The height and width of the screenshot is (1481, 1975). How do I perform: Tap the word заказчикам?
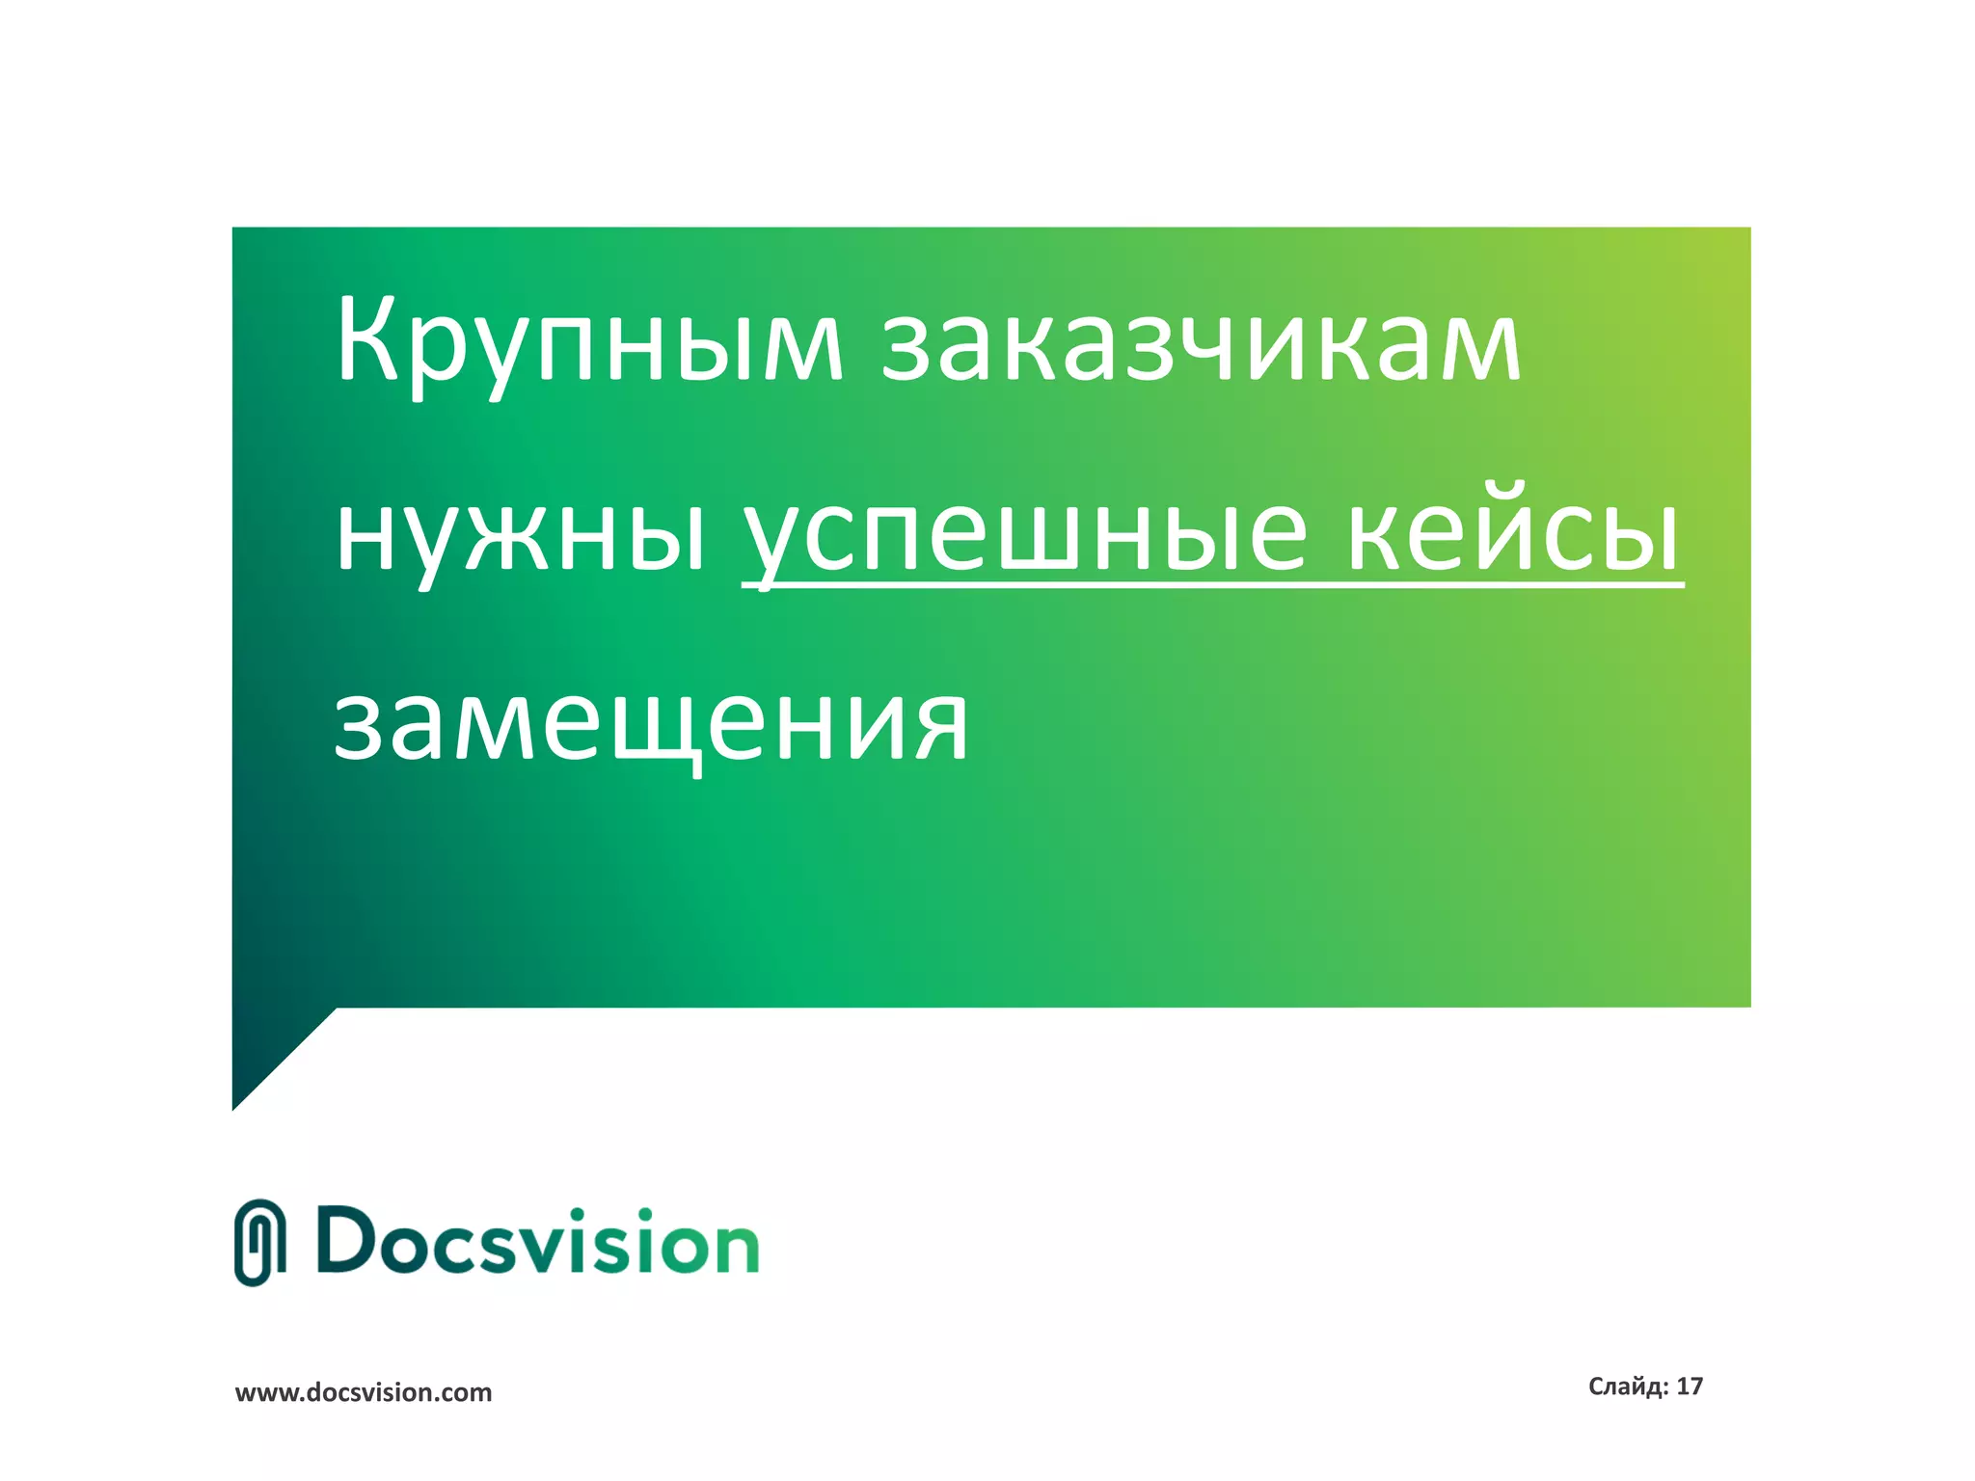pyautogui.click(x=1201, y=343)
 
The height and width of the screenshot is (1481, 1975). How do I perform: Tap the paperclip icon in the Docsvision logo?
pyautogui.click(x=259, y=1242)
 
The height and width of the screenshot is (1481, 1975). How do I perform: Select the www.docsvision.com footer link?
pyautogui.click(x=364, y=1392)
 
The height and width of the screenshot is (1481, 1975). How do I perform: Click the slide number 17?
pyautogui.click(x=1690, y=1387)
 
